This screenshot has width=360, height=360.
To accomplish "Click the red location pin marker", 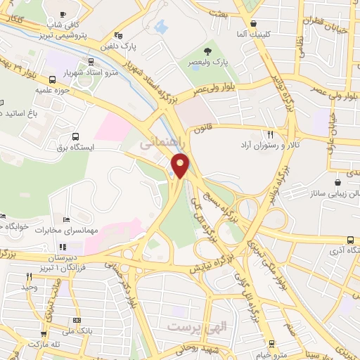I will [x=181, y=166].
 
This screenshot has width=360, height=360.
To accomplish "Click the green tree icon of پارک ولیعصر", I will [x=207, y=51].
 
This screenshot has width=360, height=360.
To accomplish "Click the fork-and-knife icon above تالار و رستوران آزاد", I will [x=269, y=134].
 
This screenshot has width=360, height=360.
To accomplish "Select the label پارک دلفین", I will [x=118, y=46].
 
